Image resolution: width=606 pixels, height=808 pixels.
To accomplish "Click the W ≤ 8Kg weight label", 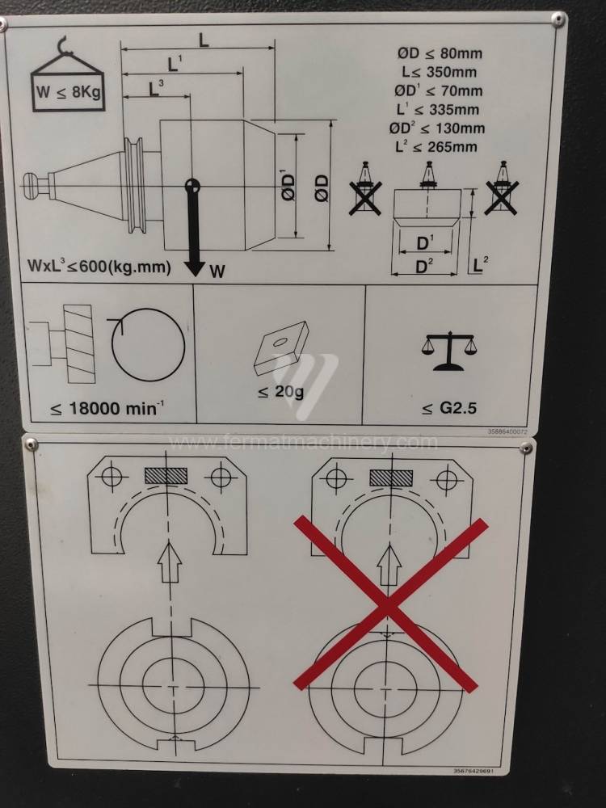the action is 68,92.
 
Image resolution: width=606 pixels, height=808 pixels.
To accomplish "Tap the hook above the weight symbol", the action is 62,45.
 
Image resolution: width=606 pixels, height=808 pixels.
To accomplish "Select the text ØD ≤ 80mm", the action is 440,53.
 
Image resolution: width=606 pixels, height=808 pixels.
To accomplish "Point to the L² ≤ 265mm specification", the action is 436,147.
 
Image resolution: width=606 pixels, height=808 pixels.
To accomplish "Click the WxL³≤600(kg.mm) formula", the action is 99,266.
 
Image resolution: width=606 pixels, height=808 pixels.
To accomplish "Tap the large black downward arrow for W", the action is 194,233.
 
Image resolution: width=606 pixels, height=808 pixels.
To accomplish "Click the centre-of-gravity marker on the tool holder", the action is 192,185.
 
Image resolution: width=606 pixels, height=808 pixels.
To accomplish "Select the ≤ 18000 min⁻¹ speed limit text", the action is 107,409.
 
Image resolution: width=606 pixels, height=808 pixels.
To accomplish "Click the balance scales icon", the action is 448,351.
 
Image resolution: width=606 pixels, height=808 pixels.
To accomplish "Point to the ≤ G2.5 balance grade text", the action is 448,409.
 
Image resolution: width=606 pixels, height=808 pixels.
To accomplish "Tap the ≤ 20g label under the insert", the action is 281,392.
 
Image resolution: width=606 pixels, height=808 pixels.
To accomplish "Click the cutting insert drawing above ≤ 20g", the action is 281,347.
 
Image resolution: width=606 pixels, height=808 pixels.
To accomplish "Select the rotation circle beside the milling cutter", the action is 147,345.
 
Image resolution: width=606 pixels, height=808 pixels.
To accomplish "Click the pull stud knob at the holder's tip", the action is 33,186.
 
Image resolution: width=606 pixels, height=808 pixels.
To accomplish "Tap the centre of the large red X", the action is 389,604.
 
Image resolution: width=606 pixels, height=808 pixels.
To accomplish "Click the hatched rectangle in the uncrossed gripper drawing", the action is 166,476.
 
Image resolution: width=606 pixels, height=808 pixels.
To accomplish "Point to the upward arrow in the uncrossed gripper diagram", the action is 169,562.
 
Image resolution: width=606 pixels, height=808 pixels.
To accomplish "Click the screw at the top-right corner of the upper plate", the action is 558,19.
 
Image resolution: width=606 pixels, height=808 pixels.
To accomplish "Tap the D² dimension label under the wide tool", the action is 424,267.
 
